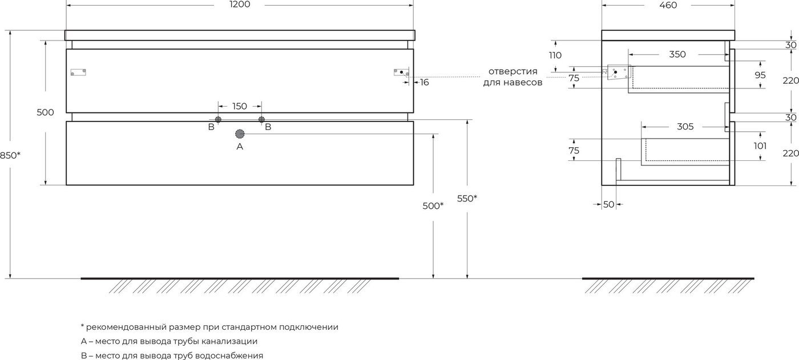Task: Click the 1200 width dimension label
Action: (x=239, y=4)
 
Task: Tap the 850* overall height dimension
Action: (x=10, y=155)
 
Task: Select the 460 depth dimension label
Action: (x=668, y=5)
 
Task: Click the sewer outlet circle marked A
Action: (x=240, y=134)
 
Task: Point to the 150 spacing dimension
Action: (x=239, y=106)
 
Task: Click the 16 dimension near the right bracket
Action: (x=424, y=82)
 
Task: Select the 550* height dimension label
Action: (x=467, y=199)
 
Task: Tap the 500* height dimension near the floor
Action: (x=433, y=205)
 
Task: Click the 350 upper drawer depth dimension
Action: (x=677, y=54)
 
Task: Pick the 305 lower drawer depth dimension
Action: (x=685, y=127)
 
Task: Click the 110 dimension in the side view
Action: (x=555, y=55)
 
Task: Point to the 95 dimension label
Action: (x=760, y=75)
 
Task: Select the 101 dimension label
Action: (x=760, y=146)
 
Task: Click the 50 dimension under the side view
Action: (x=608, y=205)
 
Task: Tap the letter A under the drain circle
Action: (x=240, y=147)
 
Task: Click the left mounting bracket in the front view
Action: (x=78, y=72)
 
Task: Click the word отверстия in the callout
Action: (x=513, y=71)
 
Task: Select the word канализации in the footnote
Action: (x=229, y=341)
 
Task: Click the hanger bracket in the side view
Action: (x=619, y=72)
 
